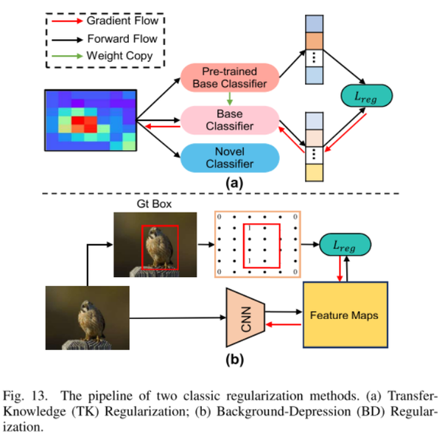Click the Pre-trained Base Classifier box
[230, 77]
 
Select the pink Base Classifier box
[230, 120]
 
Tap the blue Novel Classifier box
[230, 158]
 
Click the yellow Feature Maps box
[345, 314]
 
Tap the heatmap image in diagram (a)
[90, 120]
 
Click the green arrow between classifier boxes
[230, 99]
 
